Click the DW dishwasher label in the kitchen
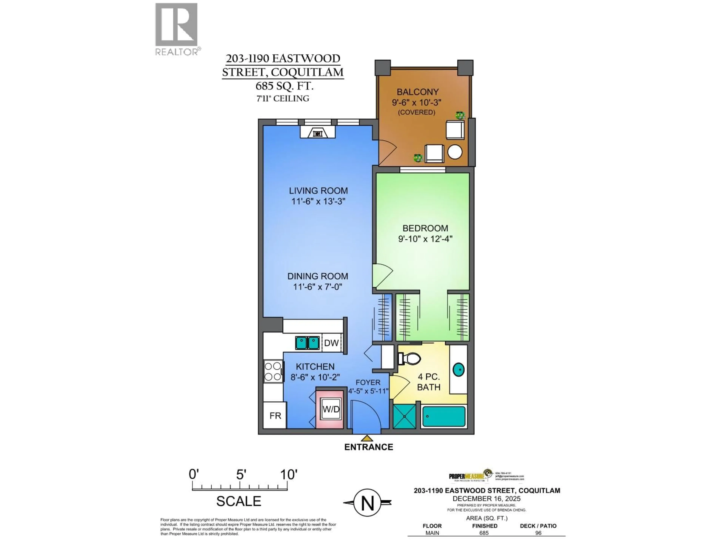(331, 343)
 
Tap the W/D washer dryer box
(331, 409)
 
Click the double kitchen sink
(307, 343)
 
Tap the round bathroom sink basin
(459, 370)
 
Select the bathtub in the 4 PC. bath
(444, 416)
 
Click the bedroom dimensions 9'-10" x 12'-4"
(425, 239)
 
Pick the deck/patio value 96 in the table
(538, 533)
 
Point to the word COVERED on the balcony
(416, 112)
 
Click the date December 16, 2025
(486, 499)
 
